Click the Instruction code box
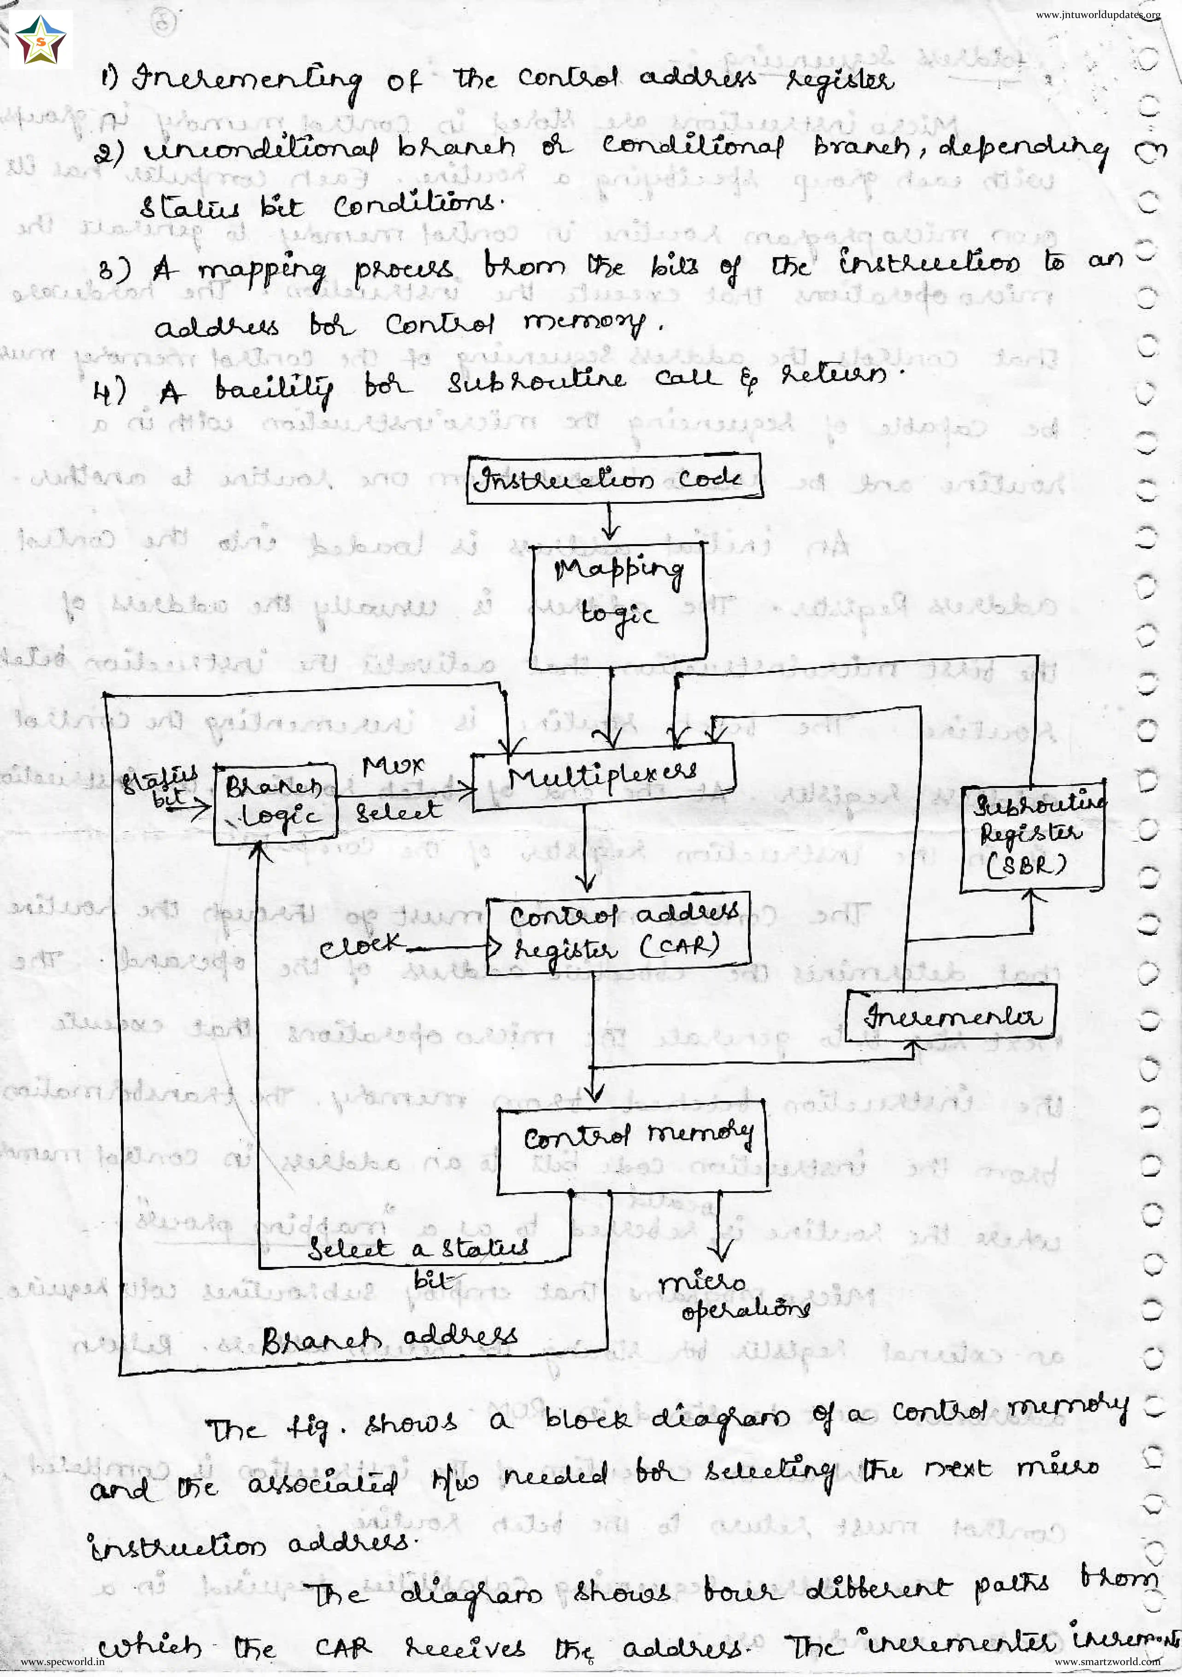pyautogui.click(x=614, y=478)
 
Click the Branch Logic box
pyautogui.click(x=275, y=803)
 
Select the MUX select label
pyautogui.click(x=397, y=789)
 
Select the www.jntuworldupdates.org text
pyautogui.click(x=1097, y=15)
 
